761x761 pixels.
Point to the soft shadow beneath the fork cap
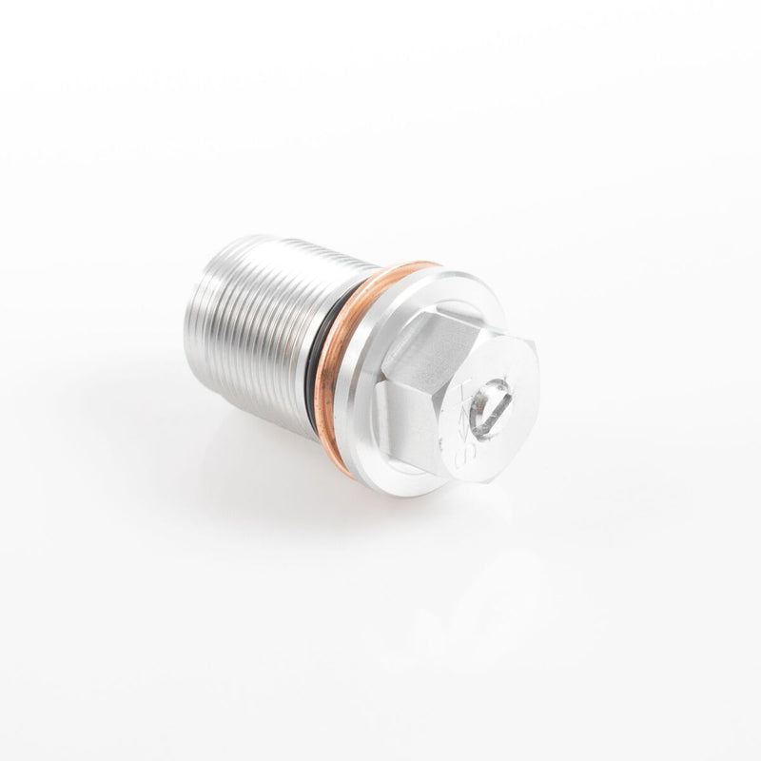(314, 495)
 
